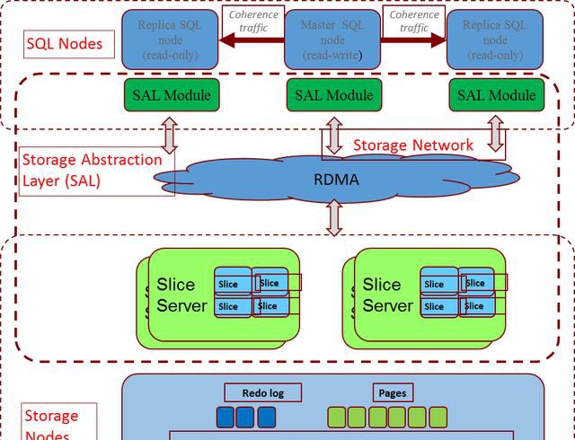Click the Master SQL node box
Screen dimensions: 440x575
pos(332,40)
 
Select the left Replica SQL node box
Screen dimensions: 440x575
pos(168,40)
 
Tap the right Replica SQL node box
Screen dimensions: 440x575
pos(494,40)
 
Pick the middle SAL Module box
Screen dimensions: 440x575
pos(332,95)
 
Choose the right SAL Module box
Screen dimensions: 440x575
pos(496,95)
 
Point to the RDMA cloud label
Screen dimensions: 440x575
pos(336,180)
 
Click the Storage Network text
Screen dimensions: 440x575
pos(412,145)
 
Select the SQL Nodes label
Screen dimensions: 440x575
pos(64,42)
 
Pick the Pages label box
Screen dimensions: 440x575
pos(392,392)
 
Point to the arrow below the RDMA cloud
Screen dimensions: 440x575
pos(334,218)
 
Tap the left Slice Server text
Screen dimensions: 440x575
pos(182,295)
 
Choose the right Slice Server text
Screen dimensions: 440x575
pos(388,295)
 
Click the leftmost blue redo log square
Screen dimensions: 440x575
pos(225,417)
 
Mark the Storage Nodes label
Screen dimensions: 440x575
pos(50,424)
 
